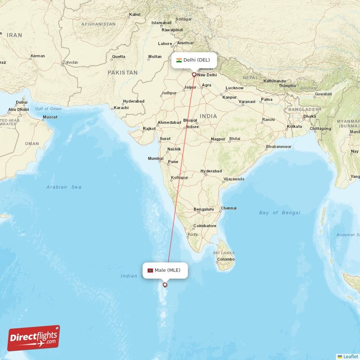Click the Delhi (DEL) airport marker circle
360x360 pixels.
click(194, 75)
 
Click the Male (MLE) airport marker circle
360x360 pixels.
click(165, 284)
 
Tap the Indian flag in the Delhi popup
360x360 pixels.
click(179, 60)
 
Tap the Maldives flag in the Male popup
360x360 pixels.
click(150, 270)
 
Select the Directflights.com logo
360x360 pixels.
click(34, 338)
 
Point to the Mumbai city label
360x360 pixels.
click(156, 158)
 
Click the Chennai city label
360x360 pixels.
click(229, 208)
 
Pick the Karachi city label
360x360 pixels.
click(121, 108)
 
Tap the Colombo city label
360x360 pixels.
click(226, 259)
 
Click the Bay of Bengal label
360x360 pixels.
click(279, 212)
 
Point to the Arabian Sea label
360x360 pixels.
click(64, 187)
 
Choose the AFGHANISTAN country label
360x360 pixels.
click(99, 24)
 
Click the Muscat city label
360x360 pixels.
click(50, 117)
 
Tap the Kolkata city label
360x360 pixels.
click(294, 126)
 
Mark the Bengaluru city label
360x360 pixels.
click(203, 209)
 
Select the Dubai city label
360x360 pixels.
click(21, 102)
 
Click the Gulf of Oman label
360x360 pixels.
click(48, 109)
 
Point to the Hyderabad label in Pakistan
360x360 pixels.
click(134, 101)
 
